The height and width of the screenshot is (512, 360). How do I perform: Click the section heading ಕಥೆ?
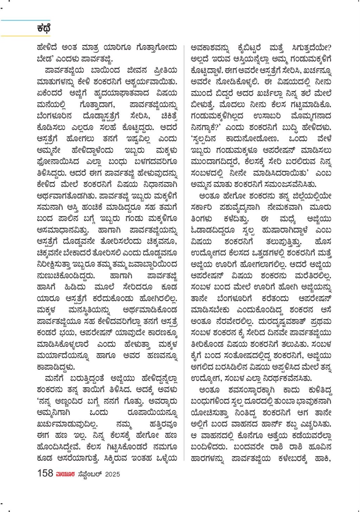pos(44,29)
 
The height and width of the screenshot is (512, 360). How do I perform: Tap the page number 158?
pos(45,473)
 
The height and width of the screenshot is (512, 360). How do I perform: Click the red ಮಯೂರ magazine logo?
pos(65,474)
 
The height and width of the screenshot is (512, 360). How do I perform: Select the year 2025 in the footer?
pos(112,474)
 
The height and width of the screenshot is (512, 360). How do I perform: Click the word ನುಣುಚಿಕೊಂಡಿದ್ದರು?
pos(66,276)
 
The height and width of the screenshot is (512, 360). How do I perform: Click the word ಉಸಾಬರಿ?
pos(267,116)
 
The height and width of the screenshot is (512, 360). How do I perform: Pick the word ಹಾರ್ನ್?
pos(273,424)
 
